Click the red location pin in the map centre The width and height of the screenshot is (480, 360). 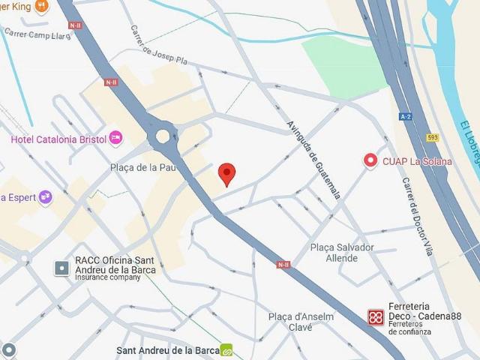coord(227,174)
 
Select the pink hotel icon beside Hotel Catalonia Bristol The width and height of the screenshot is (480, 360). coord(115,137)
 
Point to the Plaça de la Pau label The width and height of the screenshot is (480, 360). coord(142,167)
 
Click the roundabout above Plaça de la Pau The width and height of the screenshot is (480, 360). coord(163,136)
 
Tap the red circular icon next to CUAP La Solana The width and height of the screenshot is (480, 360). coord(370,160)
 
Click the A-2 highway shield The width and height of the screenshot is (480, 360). coord(406,116)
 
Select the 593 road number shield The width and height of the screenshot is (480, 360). coord(432,136)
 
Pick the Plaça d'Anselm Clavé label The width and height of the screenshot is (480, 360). coord(301,321)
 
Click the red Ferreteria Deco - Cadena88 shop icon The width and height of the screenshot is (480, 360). coord(376,317)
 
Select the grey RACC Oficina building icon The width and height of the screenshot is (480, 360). coord(62,268)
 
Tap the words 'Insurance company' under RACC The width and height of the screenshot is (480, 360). coord(107,277)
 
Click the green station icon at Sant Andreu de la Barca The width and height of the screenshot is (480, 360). coord(226,350)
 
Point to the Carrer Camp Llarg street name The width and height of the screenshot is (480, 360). coord(37,34)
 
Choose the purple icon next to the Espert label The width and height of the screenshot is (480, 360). coord(46,197)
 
